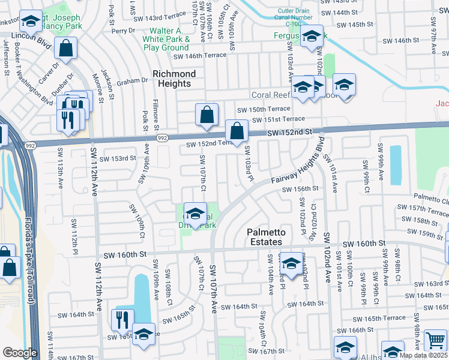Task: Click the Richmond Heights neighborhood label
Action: (174, 79)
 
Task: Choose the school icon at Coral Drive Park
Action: (195, 214)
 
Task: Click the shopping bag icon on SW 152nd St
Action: (237, 130)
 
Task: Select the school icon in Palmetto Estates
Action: (291, 263)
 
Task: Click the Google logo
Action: (20, 353)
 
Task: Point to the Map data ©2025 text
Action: (423, 355)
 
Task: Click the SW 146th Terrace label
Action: (200, 55)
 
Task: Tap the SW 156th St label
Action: (300, 188)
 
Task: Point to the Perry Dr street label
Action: (123, 30)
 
